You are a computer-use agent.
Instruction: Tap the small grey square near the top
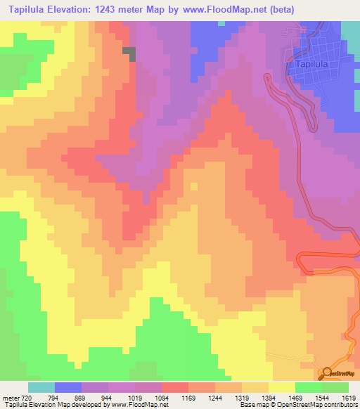[x=129, y=51]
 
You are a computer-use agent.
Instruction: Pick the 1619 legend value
[x=348, y=397]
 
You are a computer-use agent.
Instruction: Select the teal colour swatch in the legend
[x=41, y=387]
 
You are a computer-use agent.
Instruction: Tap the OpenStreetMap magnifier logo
[x=326, y=372]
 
